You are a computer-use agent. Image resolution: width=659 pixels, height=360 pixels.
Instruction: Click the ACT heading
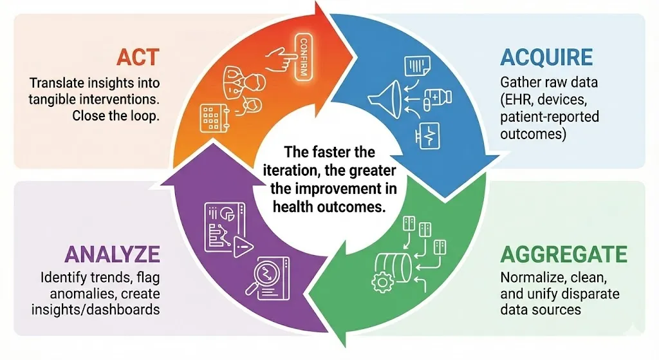(138, 57)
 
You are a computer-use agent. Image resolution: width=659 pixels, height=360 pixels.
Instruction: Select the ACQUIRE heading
(546, 57)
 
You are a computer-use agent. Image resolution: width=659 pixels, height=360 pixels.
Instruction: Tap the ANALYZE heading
(112, 254)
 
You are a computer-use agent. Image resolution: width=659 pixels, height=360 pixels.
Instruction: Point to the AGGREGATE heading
(564, 254)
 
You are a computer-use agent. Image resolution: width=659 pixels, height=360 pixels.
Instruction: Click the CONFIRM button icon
(303, 57)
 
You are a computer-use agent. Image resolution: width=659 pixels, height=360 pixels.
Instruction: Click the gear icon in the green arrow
(382, 281)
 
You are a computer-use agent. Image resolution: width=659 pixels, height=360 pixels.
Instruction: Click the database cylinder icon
(393, 267)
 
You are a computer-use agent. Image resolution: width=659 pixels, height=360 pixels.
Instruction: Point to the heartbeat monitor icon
(427, 135)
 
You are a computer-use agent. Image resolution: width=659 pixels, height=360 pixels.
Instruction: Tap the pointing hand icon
(281, 59)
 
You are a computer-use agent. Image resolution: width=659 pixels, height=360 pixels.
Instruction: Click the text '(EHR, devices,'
(543, 100)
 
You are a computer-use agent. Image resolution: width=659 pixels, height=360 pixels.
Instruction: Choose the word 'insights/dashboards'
(95, 310)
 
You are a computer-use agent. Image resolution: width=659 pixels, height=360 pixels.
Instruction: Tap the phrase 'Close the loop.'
(116, 116)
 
